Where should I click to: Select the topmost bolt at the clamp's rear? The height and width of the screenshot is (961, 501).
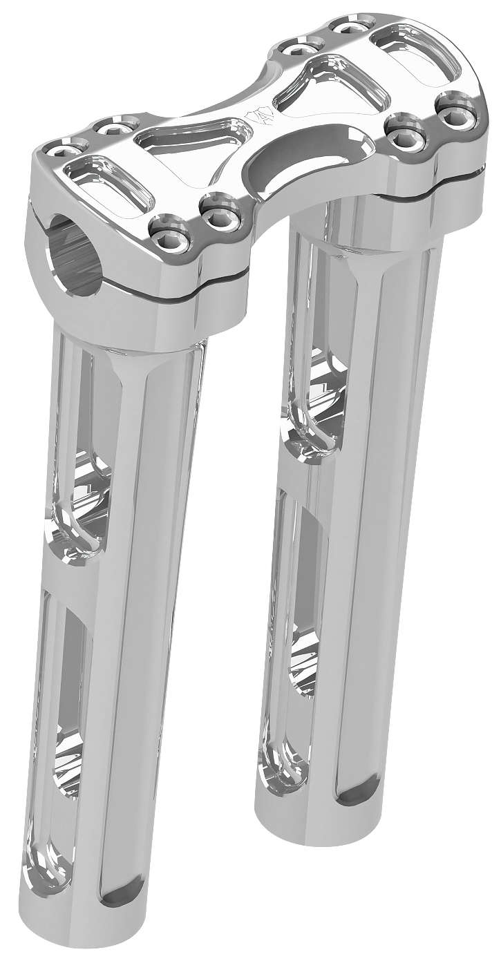pyautogui.click(x=344, y=27)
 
